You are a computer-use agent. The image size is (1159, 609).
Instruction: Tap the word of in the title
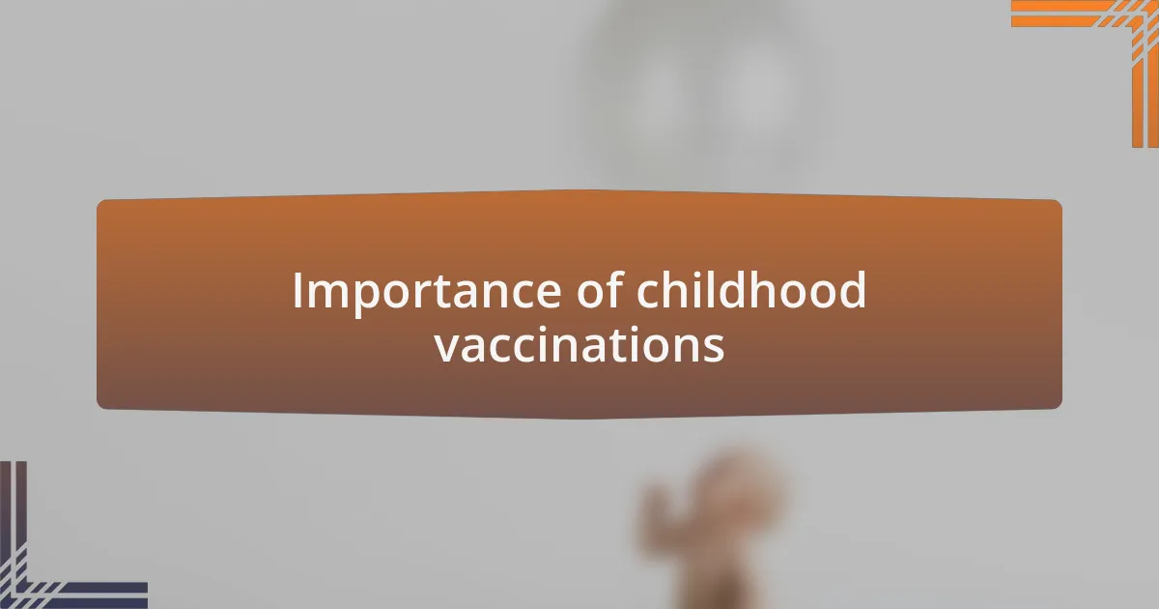(x=592, y=291)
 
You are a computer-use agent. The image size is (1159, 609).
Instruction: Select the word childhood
(x=750, y=291)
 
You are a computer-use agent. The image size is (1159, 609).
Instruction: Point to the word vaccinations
(x=579, y=345)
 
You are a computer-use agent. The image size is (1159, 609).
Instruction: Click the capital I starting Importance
(x=298, y=291)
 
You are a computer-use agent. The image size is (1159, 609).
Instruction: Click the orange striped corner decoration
(x=1111, y=39)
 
